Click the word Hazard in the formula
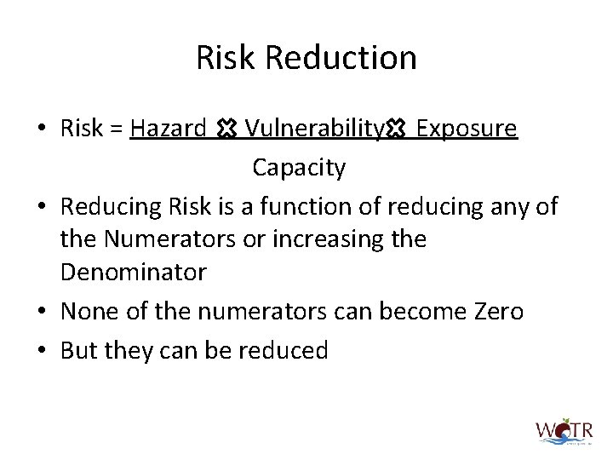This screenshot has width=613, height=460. click(x=169, y=129)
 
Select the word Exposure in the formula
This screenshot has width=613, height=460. click(x=467, y=129)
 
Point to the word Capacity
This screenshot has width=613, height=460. click(x=299, y=168)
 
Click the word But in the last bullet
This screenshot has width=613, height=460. click(x=82, y=350)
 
